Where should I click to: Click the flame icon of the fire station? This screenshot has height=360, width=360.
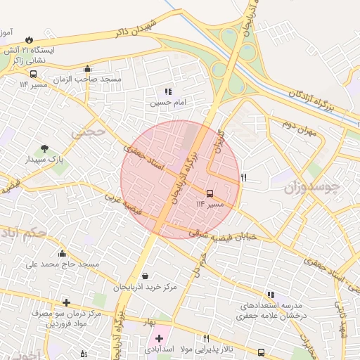pyautogui.click(x=29, y=40)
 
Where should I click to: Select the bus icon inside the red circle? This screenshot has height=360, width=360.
pyautogui.click(x=210, y=193)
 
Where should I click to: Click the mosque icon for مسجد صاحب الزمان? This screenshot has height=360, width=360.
pyautogui.click(x=87, y=69)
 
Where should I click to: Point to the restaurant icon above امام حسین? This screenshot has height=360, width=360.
pyautogui.click(x=167, y=91)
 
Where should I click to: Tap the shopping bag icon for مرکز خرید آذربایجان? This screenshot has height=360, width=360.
pyautogui.click(x=145, y=276)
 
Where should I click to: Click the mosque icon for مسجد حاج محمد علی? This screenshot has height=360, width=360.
pyautogui.click(x=63, y=254)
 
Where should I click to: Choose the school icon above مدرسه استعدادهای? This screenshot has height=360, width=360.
pyautogui.click(x=271, y=295)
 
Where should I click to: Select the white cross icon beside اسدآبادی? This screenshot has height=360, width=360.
pyautogui.click(x=159, y=338)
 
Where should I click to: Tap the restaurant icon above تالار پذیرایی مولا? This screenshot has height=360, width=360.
pyautogui.click(x=206, y=338)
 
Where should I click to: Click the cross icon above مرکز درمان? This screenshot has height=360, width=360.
pyautogui.click(x=66, y=302)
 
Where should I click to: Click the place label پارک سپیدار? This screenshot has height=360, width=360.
pyautogui.click(x=46, y=160)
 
